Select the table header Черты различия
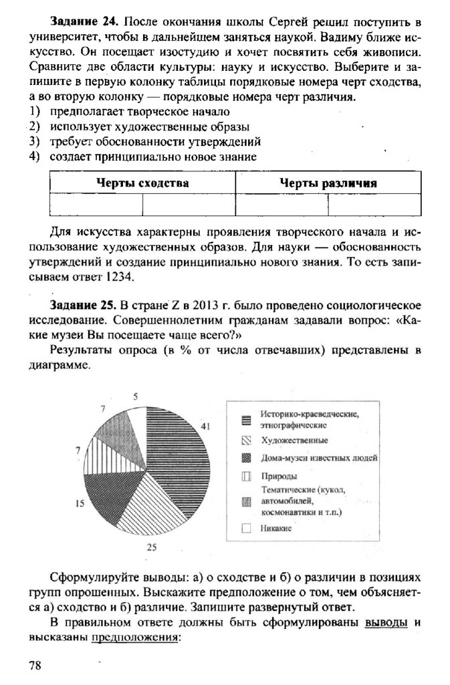tap(328, 183)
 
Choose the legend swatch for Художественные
tap(246, 440)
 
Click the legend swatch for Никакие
tap(246, 528)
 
